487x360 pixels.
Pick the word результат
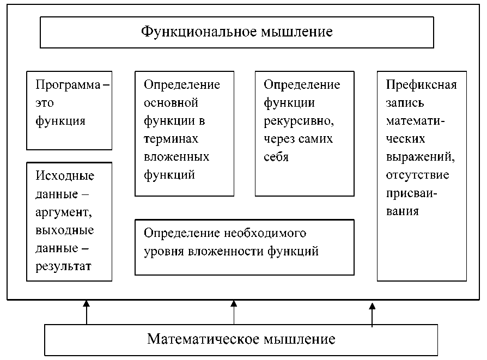(x=63, y=266)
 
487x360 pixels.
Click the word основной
(x=171, y=103)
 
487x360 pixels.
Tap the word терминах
(x=171, y=139)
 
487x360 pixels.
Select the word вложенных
(x=176, y=157)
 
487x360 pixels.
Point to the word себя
(x=276, y=157)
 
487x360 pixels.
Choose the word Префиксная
(x=421, y=85)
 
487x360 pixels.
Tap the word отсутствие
(x=417, y=175)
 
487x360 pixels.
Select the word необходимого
(x=265, y=233)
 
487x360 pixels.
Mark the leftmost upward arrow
(x=86, y=313)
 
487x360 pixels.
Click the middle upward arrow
(x=234, y=313)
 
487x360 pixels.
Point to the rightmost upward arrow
(x=372, y=315)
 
